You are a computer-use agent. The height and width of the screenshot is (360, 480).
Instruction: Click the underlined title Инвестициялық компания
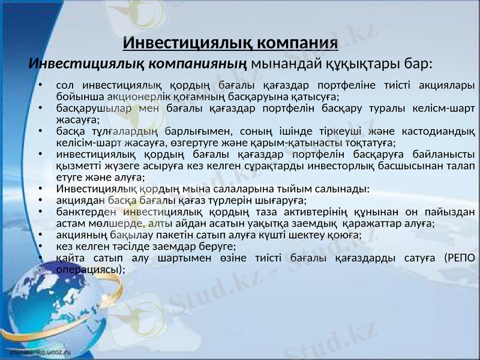(x=230, y=43)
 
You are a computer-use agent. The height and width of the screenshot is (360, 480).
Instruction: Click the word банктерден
(x=82, y=211)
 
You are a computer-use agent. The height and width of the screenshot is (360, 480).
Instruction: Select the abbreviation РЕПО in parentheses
(x=459, y=258)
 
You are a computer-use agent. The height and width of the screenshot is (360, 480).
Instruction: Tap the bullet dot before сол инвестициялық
(x=40, y=85)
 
